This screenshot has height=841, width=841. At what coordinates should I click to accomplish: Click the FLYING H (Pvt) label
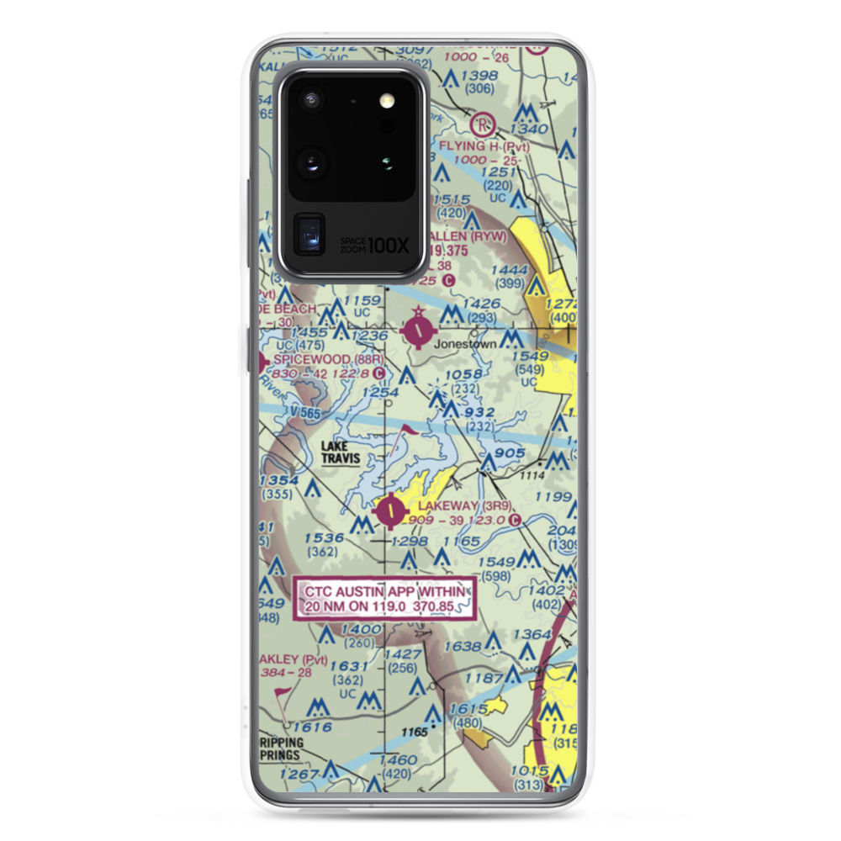484,145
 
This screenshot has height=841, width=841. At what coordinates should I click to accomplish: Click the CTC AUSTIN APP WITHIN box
384,598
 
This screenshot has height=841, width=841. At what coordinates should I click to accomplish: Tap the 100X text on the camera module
390,246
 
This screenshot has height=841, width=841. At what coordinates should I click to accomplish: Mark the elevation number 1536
324,537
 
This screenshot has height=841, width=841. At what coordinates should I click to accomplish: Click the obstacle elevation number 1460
399,760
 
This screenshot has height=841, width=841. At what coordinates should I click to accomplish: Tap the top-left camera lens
312,100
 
